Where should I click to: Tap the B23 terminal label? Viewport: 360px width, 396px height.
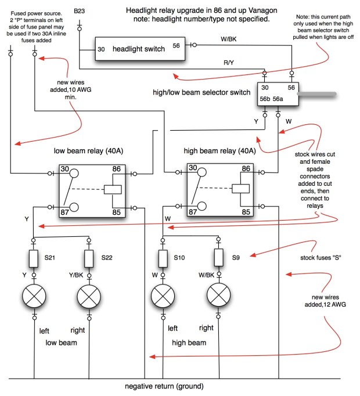click(x=79, y=12)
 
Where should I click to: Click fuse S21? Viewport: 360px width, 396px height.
click(x=34, y=257)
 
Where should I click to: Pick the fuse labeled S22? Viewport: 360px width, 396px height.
click(x=89, y=257)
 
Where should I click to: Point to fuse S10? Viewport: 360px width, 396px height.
click(x=163, y=257)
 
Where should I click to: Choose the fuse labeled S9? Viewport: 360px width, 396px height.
click(x=218, y=257)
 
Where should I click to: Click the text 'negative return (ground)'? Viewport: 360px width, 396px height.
click(x=165, y=386)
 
